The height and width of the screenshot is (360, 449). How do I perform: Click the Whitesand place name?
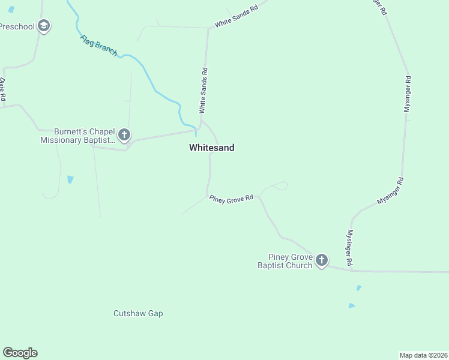pyautogui.click(x=211, y=148)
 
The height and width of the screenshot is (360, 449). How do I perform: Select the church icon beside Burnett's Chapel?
pyautogui.click(x=124, y=135)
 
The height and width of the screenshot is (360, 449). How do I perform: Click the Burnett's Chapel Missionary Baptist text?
pyautogui.click(x=77, y=136)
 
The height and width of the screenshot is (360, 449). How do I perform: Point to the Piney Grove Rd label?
pyautogui.click(x=231, y=199)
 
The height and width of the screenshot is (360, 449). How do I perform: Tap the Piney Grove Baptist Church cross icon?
pyautogui.click(x=322, y=260)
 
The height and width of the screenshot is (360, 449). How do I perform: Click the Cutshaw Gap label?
pyautogui.click(x=138, y=313)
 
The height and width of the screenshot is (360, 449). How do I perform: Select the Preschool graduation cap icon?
pyautogui.click(x=43, y=26)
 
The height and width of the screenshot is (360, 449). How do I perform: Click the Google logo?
pyautogui.click(x=20, y=352)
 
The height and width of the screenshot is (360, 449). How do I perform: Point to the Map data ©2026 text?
pyautogui.click(x=423, y=355)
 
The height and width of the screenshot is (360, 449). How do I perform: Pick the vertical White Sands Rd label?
pyautogui.click(x=203, y=91)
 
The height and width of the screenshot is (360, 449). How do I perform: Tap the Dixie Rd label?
pyautogui.click(x=3, y=89)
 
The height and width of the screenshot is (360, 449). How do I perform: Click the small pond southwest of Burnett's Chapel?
pyautogui.click(x=70, y=179)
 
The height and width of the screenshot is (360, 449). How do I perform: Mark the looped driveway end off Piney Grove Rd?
pyautogui.click(x=282, y=185)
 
